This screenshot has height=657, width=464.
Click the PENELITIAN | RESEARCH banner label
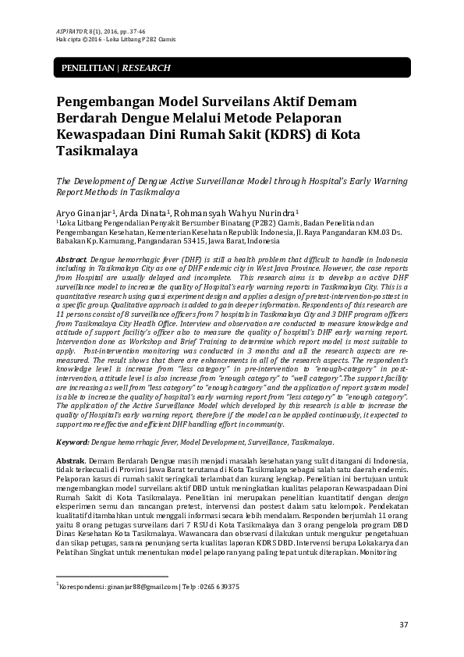111,69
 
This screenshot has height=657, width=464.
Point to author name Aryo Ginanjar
85,212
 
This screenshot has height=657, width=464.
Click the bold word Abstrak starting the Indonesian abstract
73,462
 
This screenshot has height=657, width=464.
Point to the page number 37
403,624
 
